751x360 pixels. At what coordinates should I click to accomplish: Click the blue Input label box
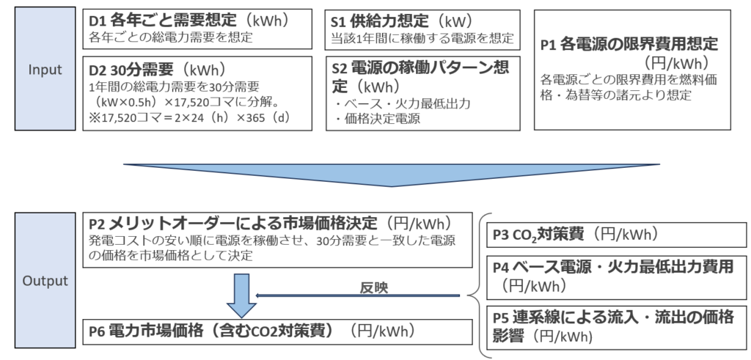tap(45, 70)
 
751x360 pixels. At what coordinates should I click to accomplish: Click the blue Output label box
tap(45, 280)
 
